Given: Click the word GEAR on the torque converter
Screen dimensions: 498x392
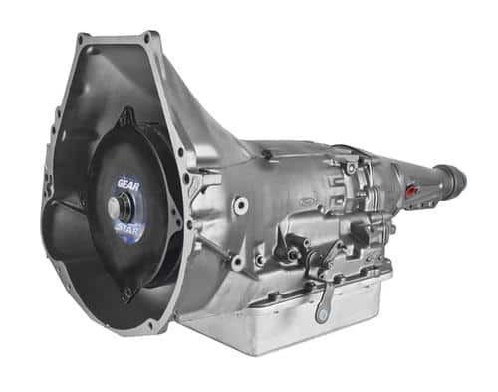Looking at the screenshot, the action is [x=128, y=185].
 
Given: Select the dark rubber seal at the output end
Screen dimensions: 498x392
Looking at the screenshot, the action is [x=455, y=178].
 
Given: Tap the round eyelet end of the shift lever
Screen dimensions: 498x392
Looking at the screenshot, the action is [x=322, y=313].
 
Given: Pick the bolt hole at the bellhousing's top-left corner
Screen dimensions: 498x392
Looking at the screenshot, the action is [x=80, y=40].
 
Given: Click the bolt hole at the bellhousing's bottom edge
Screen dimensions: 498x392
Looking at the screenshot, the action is [x=152, y=325].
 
